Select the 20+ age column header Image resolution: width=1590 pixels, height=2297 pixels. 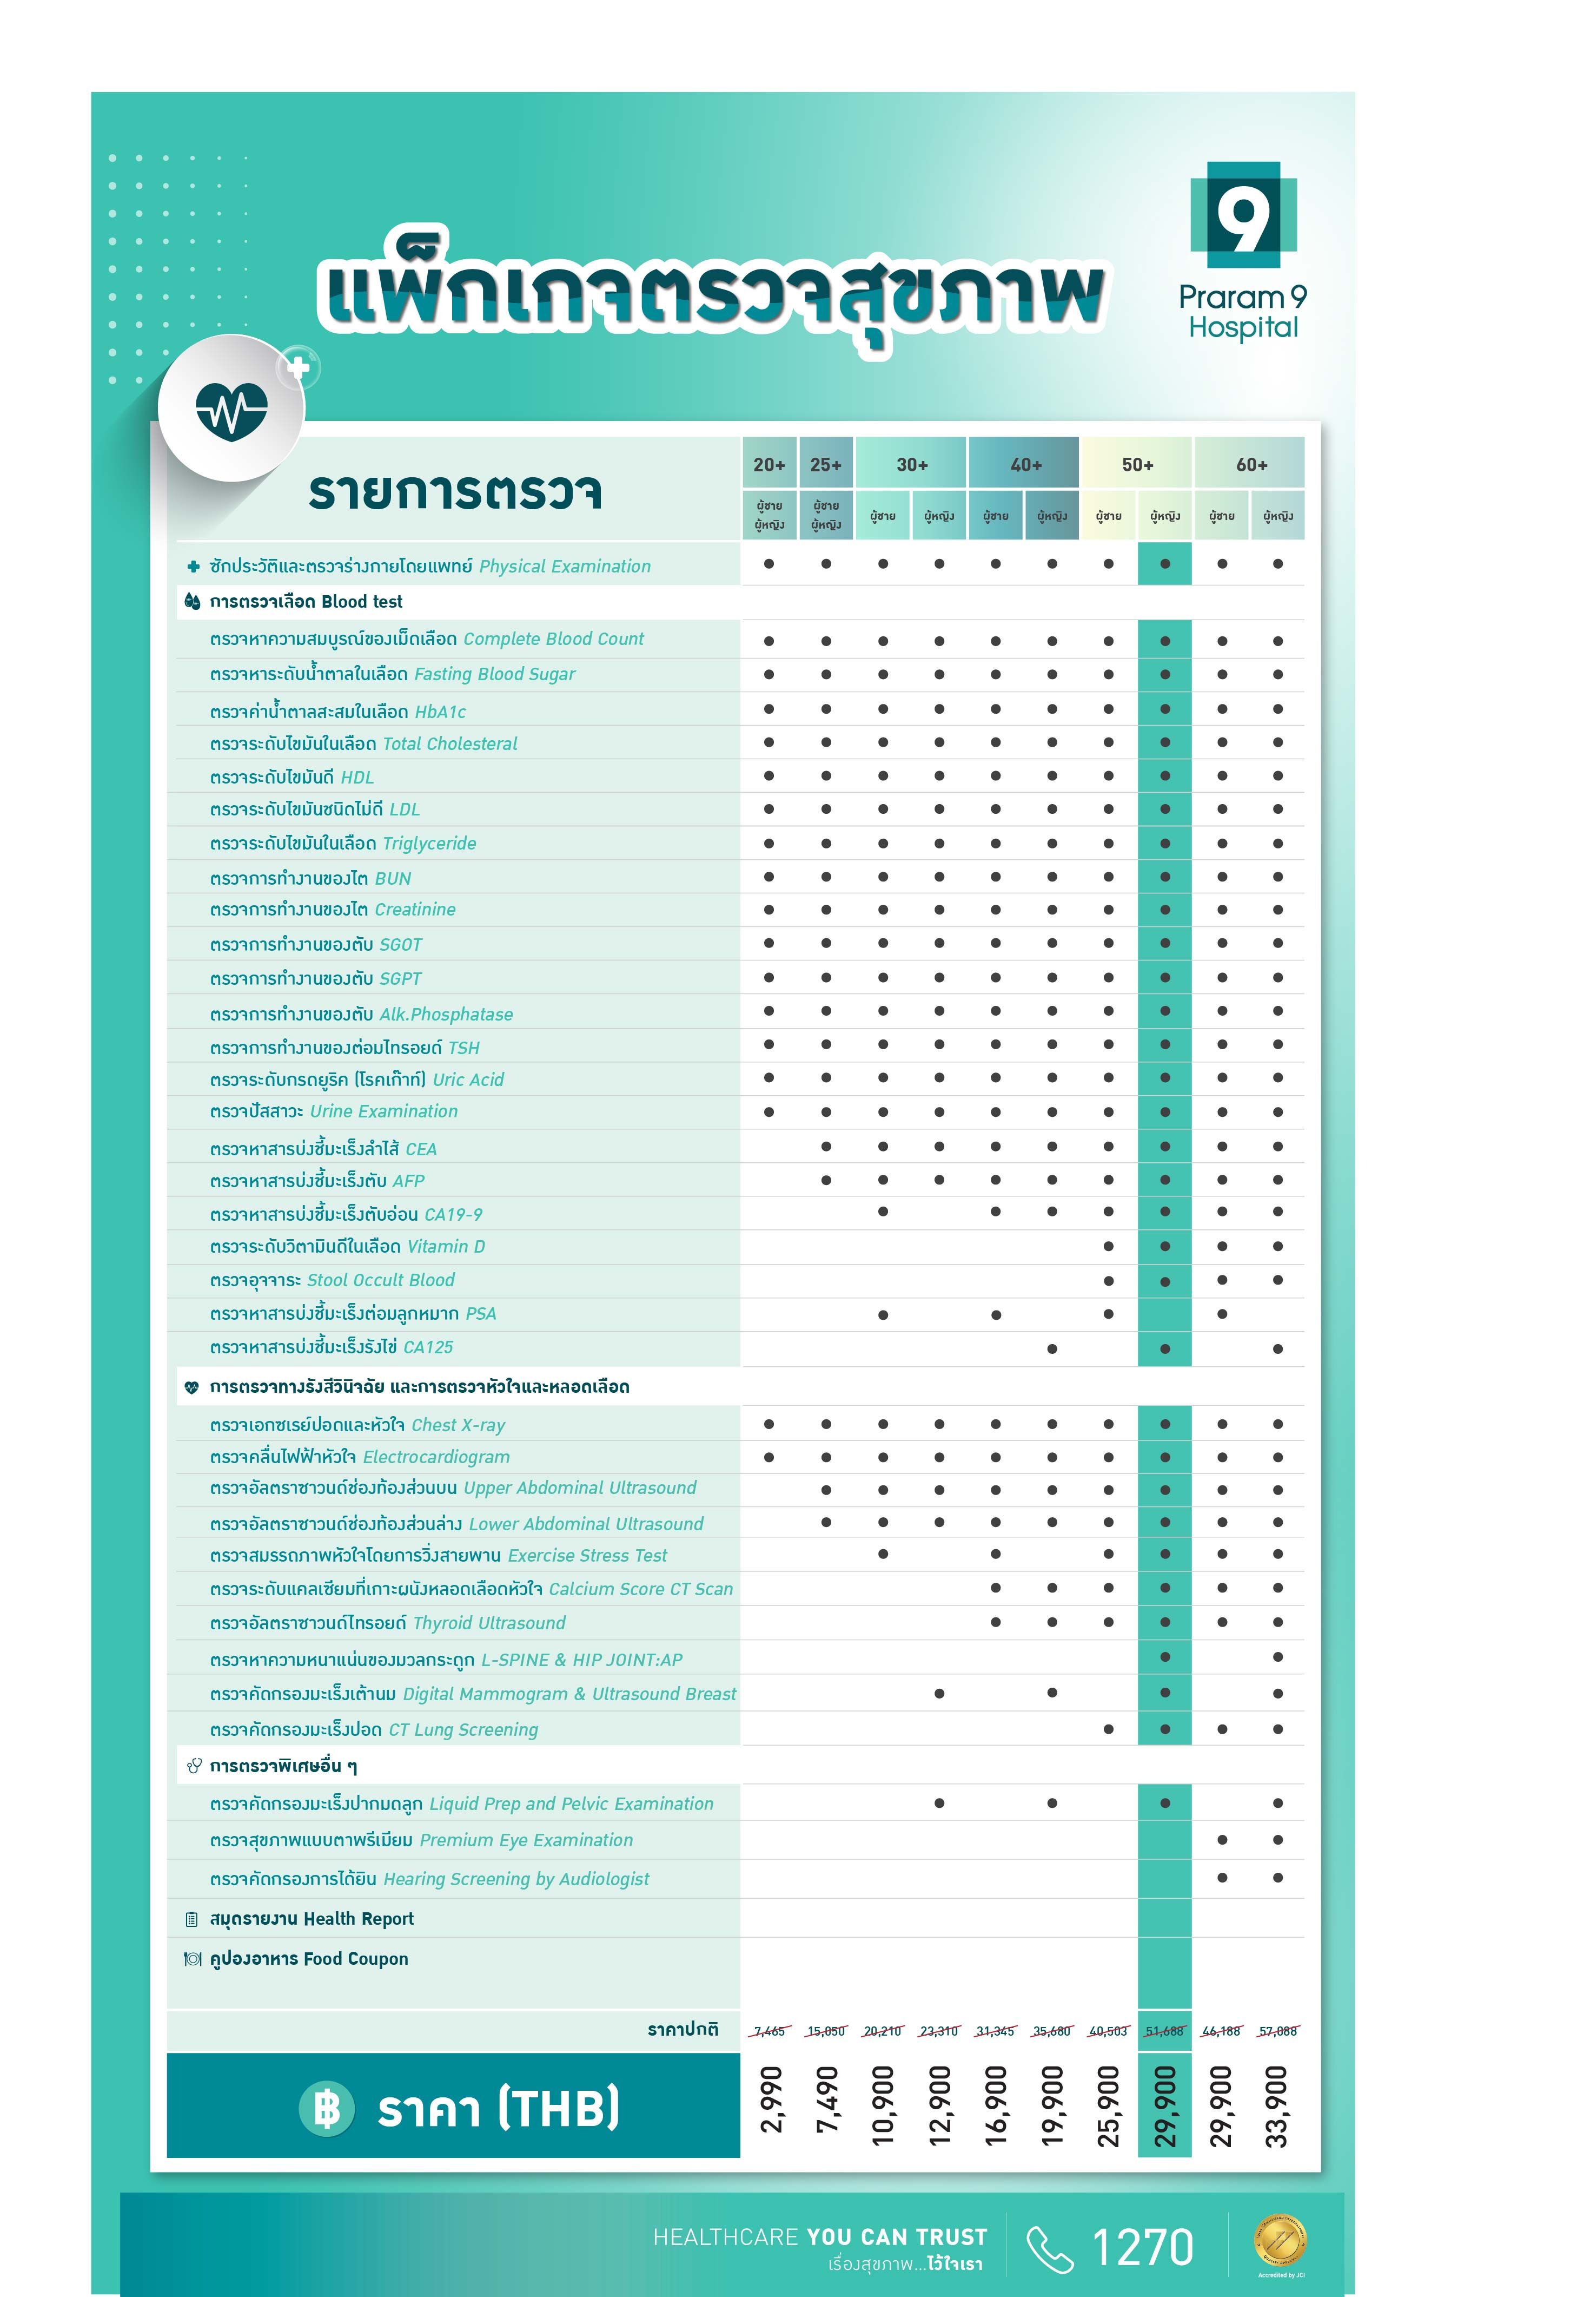click(x=769, y=464)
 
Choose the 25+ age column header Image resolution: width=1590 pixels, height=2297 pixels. click(x=826, y=464)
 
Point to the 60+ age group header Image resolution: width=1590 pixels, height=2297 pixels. click(x=1251, y=464)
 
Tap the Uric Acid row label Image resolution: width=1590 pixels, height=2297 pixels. click(x=356, y=1080)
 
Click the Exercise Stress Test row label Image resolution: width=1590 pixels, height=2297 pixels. click(x=439, y=1556)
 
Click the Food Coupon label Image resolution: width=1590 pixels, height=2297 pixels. click(x=309, y=1959)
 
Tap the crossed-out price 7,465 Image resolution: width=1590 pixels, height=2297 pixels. click(x=769, y=2031)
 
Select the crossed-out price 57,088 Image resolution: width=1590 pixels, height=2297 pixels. click(x=1278, y=2031)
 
